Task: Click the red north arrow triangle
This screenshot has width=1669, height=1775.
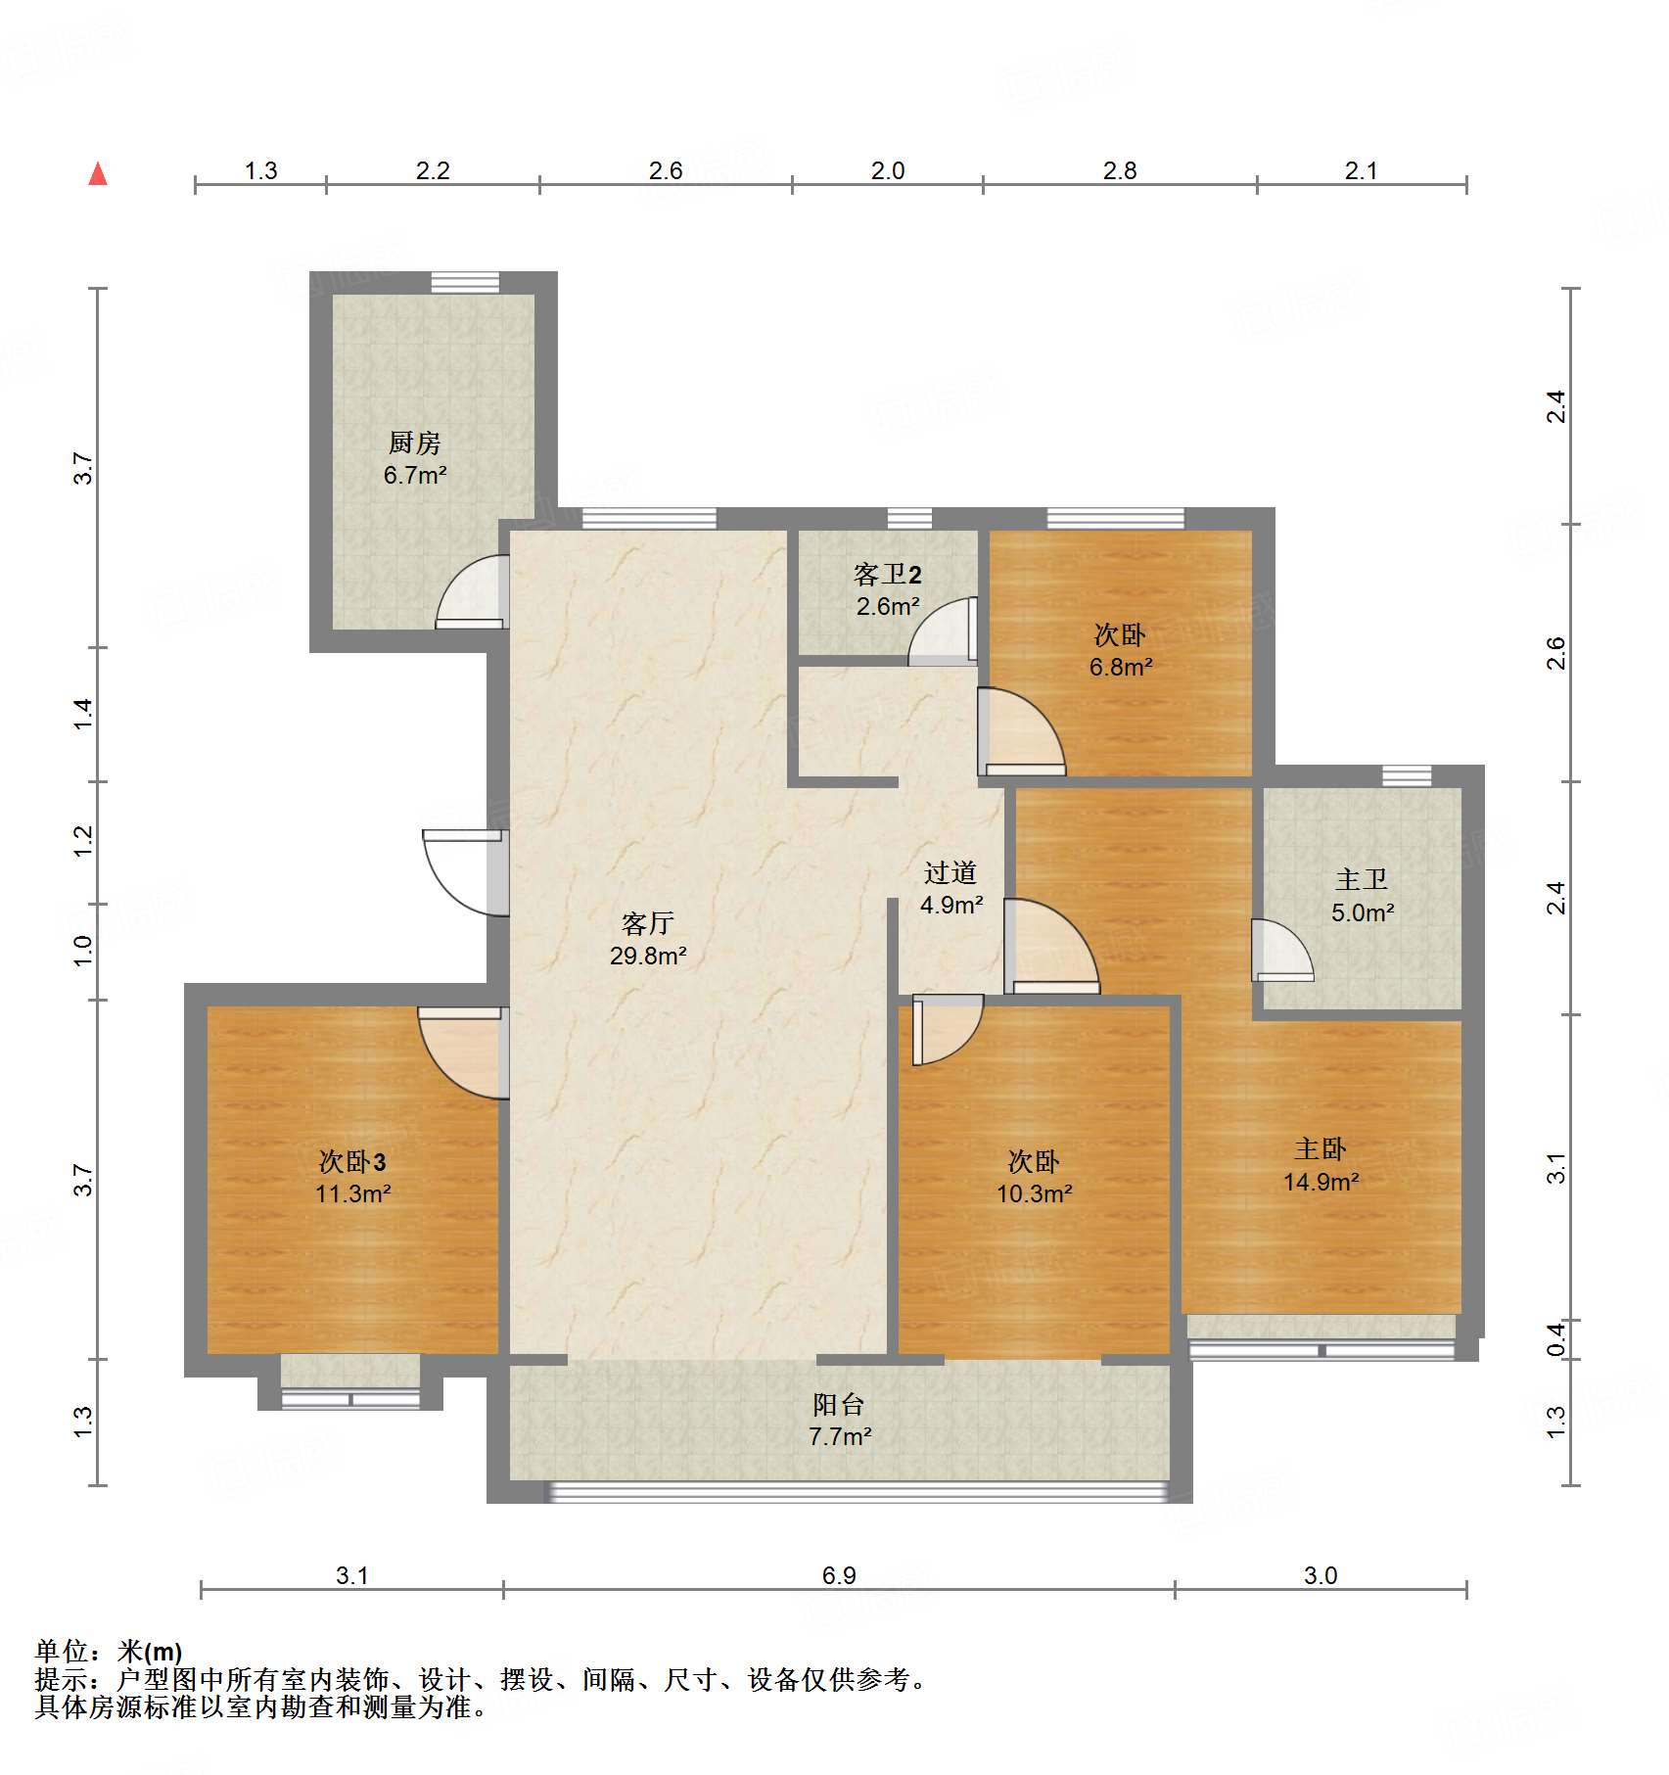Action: point(98,174)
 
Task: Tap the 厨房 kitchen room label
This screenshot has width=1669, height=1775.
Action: point(414,444)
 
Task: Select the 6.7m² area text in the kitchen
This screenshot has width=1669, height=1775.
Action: point(415,476)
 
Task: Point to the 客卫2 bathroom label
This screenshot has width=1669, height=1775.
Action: point(887,575)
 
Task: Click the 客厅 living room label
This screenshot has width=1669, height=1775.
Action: point(647,923)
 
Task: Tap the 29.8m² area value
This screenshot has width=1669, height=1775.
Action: point(647,956)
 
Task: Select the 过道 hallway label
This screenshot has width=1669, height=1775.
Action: point(950,872)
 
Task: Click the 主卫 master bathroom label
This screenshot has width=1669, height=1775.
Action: point(1361,879)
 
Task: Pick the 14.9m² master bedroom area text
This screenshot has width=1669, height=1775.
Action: point(1321,1182)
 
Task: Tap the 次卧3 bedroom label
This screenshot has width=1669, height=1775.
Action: point(352,1162)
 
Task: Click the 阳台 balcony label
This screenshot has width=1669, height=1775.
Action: point(839,1405)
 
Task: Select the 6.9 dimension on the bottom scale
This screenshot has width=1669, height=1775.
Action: point(839,1575)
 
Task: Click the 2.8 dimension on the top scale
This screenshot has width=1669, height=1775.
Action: point(1119,171)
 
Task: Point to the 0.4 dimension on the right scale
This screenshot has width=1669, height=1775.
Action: point(1556,1338)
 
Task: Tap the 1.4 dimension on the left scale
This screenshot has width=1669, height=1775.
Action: point(83,713)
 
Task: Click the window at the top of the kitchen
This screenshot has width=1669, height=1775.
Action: point(465,282)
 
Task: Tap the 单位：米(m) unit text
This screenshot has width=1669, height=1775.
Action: point(109,1652)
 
